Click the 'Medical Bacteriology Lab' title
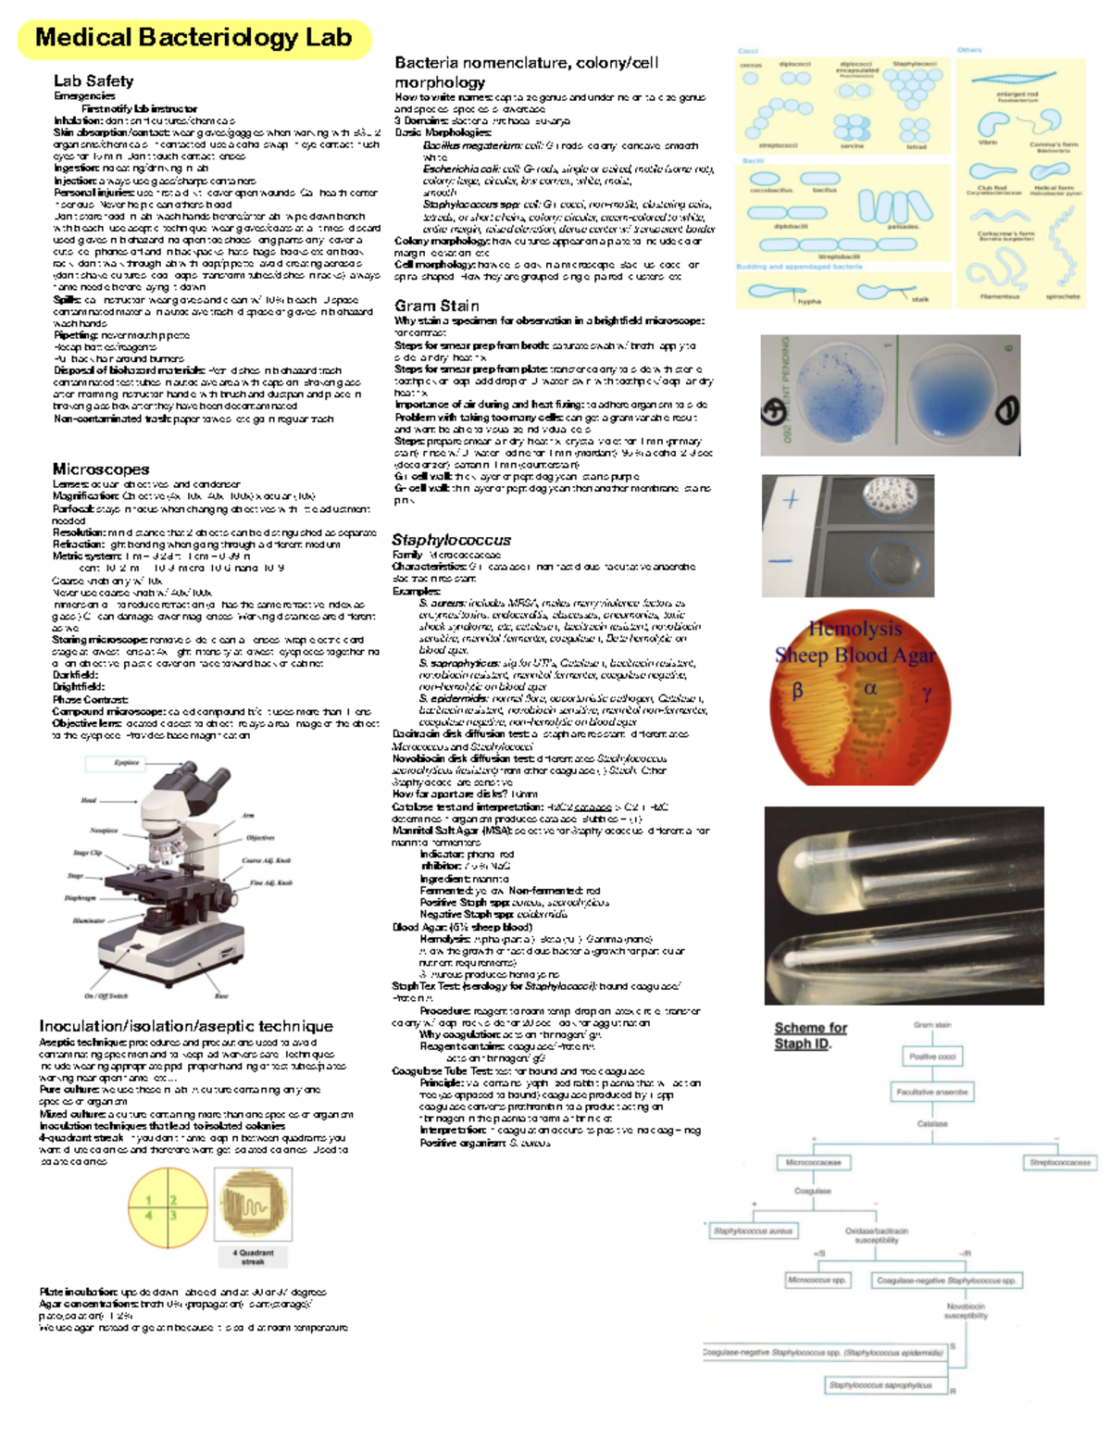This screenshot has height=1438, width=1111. [x=193, y=38]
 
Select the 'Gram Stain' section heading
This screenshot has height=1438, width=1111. [x=436, y=306]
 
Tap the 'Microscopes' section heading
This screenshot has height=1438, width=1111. [x=100, y=469]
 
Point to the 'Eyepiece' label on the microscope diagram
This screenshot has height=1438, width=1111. [x=127, y=763]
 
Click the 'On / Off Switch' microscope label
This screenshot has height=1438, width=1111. [x=106, y=995]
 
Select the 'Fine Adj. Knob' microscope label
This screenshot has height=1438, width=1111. [x=270, y=882]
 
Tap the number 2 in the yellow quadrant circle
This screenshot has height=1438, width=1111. [x=173, y=1200]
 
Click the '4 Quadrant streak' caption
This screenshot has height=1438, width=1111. [x=253, y=1257]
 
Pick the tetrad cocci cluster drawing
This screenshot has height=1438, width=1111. [x=915, y=129]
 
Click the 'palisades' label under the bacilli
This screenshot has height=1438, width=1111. [x=903, y=226]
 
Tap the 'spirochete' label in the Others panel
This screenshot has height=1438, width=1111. [x=1062, y=296]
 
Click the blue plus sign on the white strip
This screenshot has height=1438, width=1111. [x=791, y=501]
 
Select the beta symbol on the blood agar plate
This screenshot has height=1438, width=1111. [x=797, y=691]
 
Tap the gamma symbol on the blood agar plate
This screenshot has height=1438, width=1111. [x=926, y=693]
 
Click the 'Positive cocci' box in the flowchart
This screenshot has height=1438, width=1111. [x=931, y=1057]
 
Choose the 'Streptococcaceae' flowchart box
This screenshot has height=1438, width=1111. [x=1060, y=1162]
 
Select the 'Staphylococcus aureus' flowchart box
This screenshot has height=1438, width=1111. [x=753, y=1231]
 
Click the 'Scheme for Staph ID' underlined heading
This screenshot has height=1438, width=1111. [x=810, y=1035]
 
